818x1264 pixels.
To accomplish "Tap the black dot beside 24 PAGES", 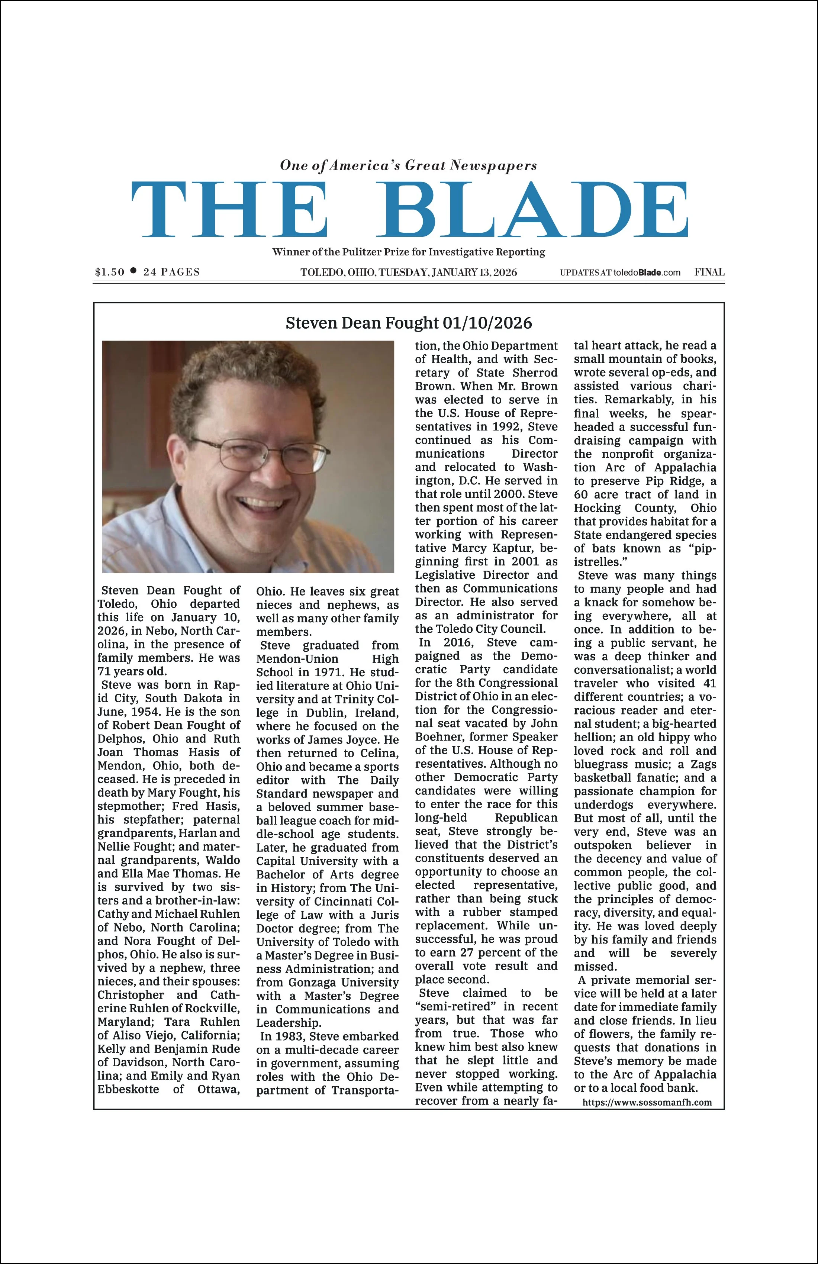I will [133, 271].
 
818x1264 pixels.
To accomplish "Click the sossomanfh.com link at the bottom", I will [647, 1102].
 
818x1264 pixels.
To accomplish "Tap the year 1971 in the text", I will [328, 672].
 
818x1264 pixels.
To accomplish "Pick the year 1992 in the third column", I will [505, 426].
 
